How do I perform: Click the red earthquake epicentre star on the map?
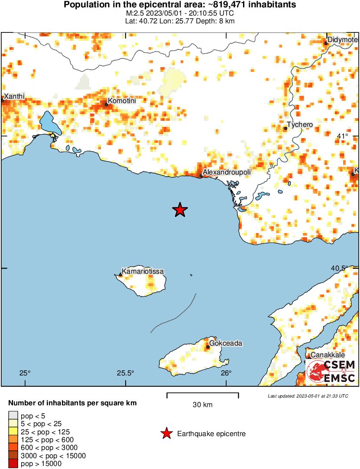180,210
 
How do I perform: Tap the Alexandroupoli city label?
227,172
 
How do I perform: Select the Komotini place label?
121,101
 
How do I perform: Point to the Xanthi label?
14,96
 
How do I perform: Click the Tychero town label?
300,125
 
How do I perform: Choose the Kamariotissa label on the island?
143,272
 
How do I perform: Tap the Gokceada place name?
224,343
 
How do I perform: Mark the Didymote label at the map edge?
342,40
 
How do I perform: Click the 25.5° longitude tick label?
125,373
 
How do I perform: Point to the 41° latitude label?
342,136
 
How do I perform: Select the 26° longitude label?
225,373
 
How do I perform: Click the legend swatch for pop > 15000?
13,464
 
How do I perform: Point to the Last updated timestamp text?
308,396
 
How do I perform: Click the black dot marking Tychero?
285,128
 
